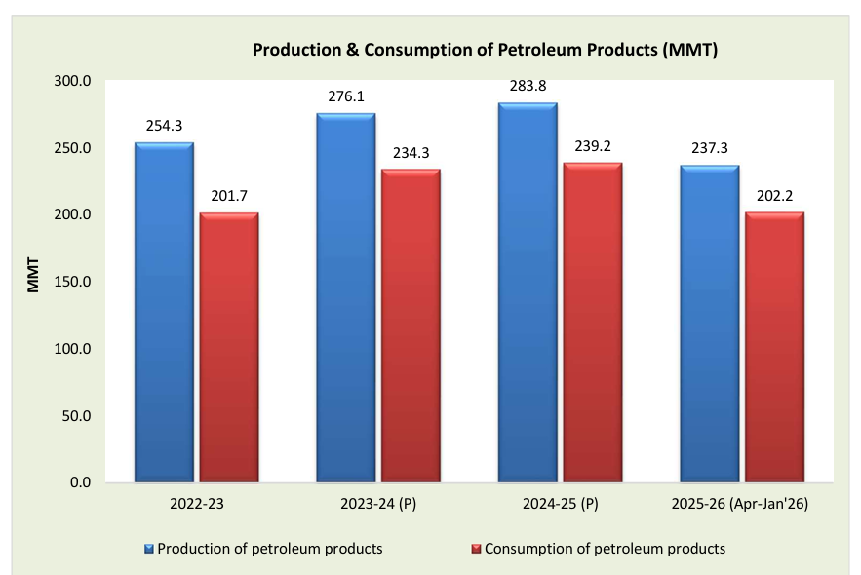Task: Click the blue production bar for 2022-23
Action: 164,312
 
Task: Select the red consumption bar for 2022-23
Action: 229,347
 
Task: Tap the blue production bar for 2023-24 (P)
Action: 346,297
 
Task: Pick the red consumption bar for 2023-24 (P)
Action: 411,326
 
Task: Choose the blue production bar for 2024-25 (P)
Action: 528,292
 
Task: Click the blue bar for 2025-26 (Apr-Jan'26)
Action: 710,324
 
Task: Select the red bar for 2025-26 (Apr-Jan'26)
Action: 774,347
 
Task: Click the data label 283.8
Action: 528,86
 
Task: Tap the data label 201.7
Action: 229,196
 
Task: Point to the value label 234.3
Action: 411,153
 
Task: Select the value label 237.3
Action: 710,148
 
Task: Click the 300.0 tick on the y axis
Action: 73,81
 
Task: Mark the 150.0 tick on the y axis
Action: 73,282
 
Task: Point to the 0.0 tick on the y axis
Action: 79,482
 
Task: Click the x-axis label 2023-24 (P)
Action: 378,505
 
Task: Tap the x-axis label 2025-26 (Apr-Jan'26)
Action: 742,505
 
